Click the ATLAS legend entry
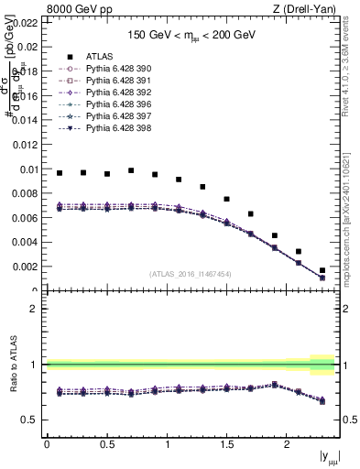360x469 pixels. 100,56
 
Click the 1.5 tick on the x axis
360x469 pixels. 226,444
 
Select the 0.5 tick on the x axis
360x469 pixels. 106,444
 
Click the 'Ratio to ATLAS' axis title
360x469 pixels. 12,365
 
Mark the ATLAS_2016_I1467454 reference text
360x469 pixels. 190,274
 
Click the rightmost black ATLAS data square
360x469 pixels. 322,270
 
